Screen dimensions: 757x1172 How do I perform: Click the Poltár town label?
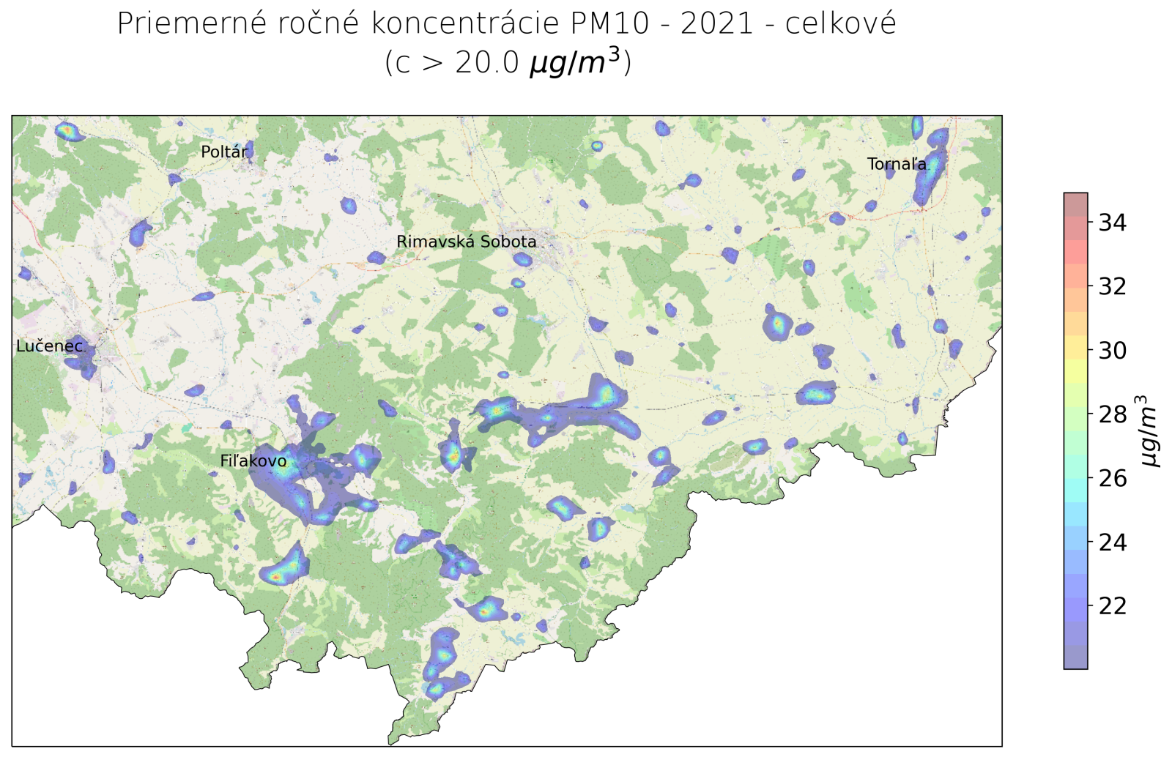[x=224, y=152]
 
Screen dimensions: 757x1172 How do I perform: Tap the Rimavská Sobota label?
[x=467, y=242]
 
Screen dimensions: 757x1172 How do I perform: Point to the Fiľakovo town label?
[x=253, y=461]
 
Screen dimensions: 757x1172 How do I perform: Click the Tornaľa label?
[x=897, y=164]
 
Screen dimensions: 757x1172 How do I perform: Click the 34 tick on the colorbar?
[x=1112, y=223]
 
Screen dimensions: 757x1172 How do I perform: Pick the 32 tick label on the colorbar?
[x=1112, y=286]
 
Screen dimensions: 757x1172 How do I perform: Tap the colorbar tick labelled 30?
[x=1112, y=351]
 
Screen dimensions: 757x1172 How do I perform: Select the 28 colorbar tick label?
[x=1112, y=414]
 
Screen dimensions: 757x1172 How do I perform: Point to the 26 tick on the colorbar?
[x=1112, y=478]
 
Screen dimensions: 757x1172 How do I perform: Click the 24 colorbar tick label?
[x=1112, y=542]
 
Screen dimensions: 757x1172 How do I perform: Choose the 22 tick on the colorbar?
[x=1112, y=606]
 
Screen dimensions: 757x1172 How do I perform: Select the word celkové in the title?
[x=840, y=24]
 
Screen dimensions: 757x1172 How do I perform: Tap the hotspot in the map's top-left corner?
[x=67, y=132]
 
